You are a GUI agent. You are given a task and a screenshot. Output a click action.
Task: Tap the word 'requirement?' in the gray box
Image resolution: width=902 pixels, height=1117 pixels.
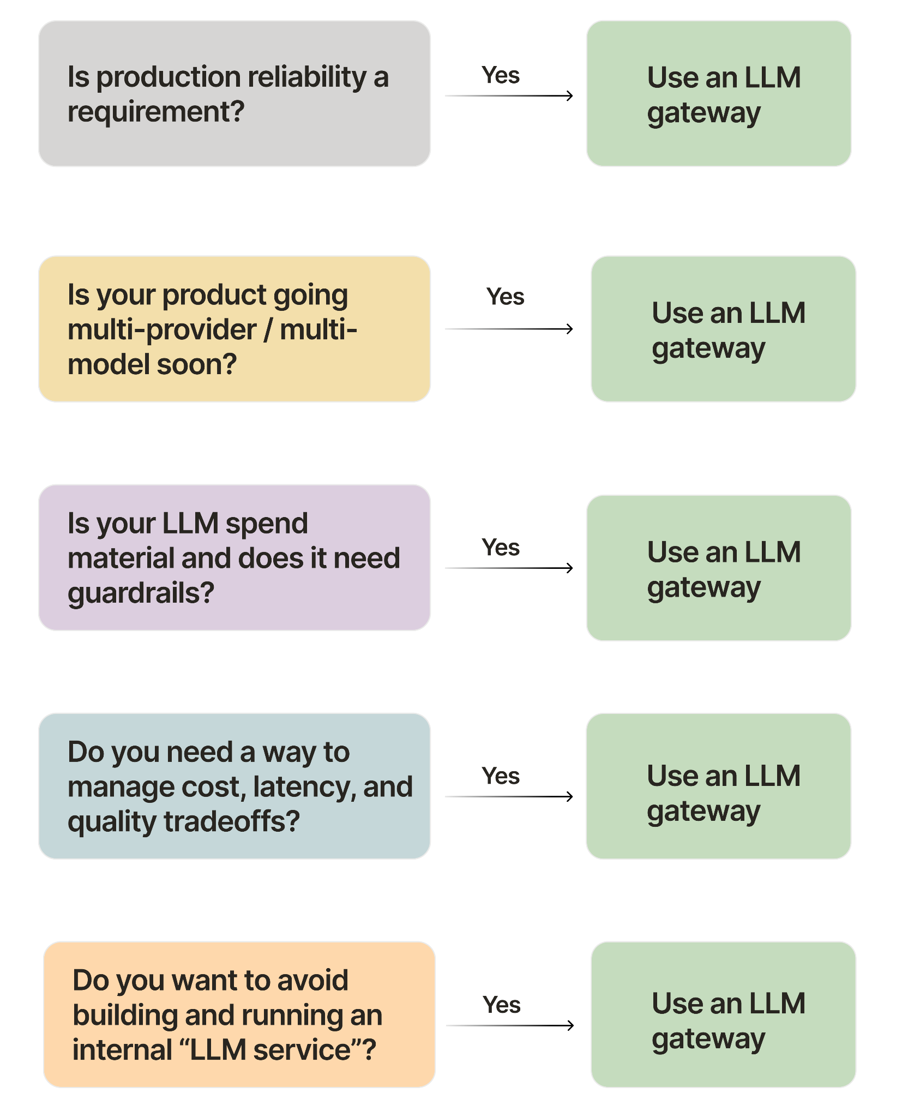[x=155, y=112]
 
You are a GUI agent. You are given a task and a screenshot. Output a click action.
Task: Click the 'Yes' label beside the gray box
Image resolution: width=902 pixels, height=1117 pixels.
[x=500, y=75]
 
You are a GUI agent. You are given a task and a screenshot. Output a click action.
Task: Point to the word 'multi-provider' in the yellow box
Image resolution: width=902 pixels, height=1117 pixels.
[x=161, y=330]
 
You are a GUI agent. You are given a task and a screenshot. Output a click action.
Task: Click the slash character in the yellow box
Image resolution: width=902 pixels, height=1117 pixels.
[x=268, y=330]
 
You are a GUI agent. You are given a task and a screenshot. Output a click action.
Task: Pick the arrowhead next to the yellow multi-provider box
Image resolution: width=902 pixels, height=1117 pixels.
[x=569, y=329]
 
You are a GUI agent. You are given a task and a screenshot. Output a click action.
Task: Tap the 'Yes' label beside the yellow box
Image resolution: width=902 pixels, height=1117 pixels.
[x=505, y=297]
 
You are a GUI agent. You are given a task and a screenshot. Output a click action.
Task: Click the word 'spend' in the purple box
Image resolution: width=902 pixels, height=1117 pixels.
[x=267, y=524]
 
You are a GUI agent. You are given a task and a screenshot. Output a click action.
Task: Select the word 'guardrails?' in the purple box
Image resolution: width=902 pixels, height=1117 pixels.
[x=141, y=593]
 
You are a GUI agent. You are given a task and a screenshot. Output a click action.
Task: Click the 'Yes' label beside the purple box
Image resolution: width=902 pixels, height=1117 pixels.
[x=500, y=547]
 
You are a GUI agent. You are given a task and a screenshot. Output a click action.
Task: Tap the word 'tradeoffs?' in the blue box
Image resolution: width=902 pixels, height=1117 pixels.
[x=232, y=822]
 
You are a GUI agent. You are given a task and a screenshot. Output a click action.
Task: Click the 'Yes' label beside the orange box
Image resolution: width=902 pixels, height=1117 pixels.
[x=501, y=1005]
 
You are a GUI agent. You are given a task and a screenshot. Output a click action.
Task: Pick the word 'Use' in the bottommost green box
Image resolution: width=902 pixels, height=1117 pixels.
[x=675, y=1004]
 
